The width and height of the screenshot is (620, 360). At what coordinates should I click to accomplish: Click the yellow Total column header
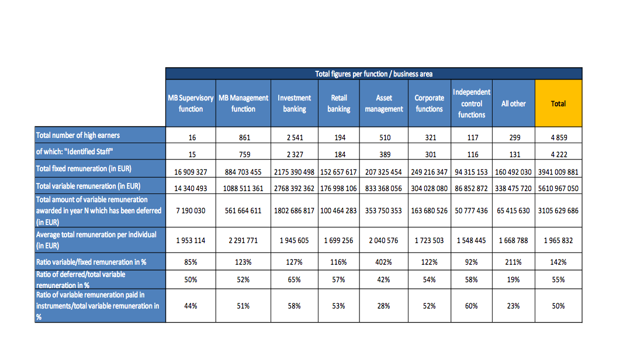point(558,103)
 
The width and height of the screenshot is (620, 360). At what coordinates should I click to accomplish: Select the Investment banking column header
point(294,103)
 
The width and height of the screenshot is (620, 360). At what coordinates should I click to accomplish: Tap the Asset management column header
point(383,103)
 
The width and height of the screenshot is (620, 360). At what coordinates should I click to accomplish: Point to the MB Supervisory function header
point(190,103)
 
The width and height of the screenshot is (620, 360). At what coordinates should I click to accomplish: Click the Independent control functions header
point(472,103)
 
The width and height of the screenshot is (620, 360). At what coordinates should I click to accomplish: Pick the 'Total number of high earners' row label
point(78,136)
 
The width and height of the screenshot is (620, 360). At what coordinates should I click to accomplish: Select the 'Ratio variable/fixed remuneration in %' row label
point(91,262)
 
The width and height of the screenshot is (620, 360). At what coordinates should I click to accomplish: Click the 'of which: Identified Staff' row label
point(75,151)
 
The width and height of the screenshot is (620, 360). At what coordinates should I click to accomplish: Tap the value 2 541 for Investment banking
point(295,138)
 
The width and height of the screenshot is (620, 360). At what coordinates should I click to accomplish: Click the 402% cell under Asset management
point(383,262)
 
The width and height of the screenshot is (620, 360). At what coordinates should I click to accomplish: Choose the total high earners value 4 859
point(559,138)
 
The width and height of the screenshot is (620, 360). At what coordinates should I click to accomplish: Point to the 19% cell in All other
point(513,280)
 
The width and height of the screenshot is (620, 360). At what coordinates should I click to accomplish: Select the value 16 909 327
point(190,172)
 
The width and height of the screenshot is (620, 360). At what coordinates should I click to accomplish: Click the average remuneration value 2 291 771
point(243,241)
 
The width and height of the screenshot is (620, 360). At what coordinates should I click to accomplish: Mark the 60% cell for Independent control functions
point(472,306)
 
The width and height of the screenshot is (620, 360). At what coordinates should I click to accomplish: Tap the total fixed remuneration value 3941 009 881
point(558,172)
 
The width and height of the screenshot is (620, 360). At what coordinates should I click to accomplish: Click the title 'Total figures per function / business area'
point(373,74)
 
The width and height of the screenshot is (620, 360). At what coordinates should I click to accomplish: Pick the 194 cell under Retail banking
point(340,138)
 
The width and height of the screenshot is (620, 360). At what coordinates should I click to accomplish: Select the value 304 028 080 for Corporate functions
point(430,188)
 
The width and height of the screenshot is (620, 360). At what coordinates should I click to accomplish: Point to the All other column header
point(513,103)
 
